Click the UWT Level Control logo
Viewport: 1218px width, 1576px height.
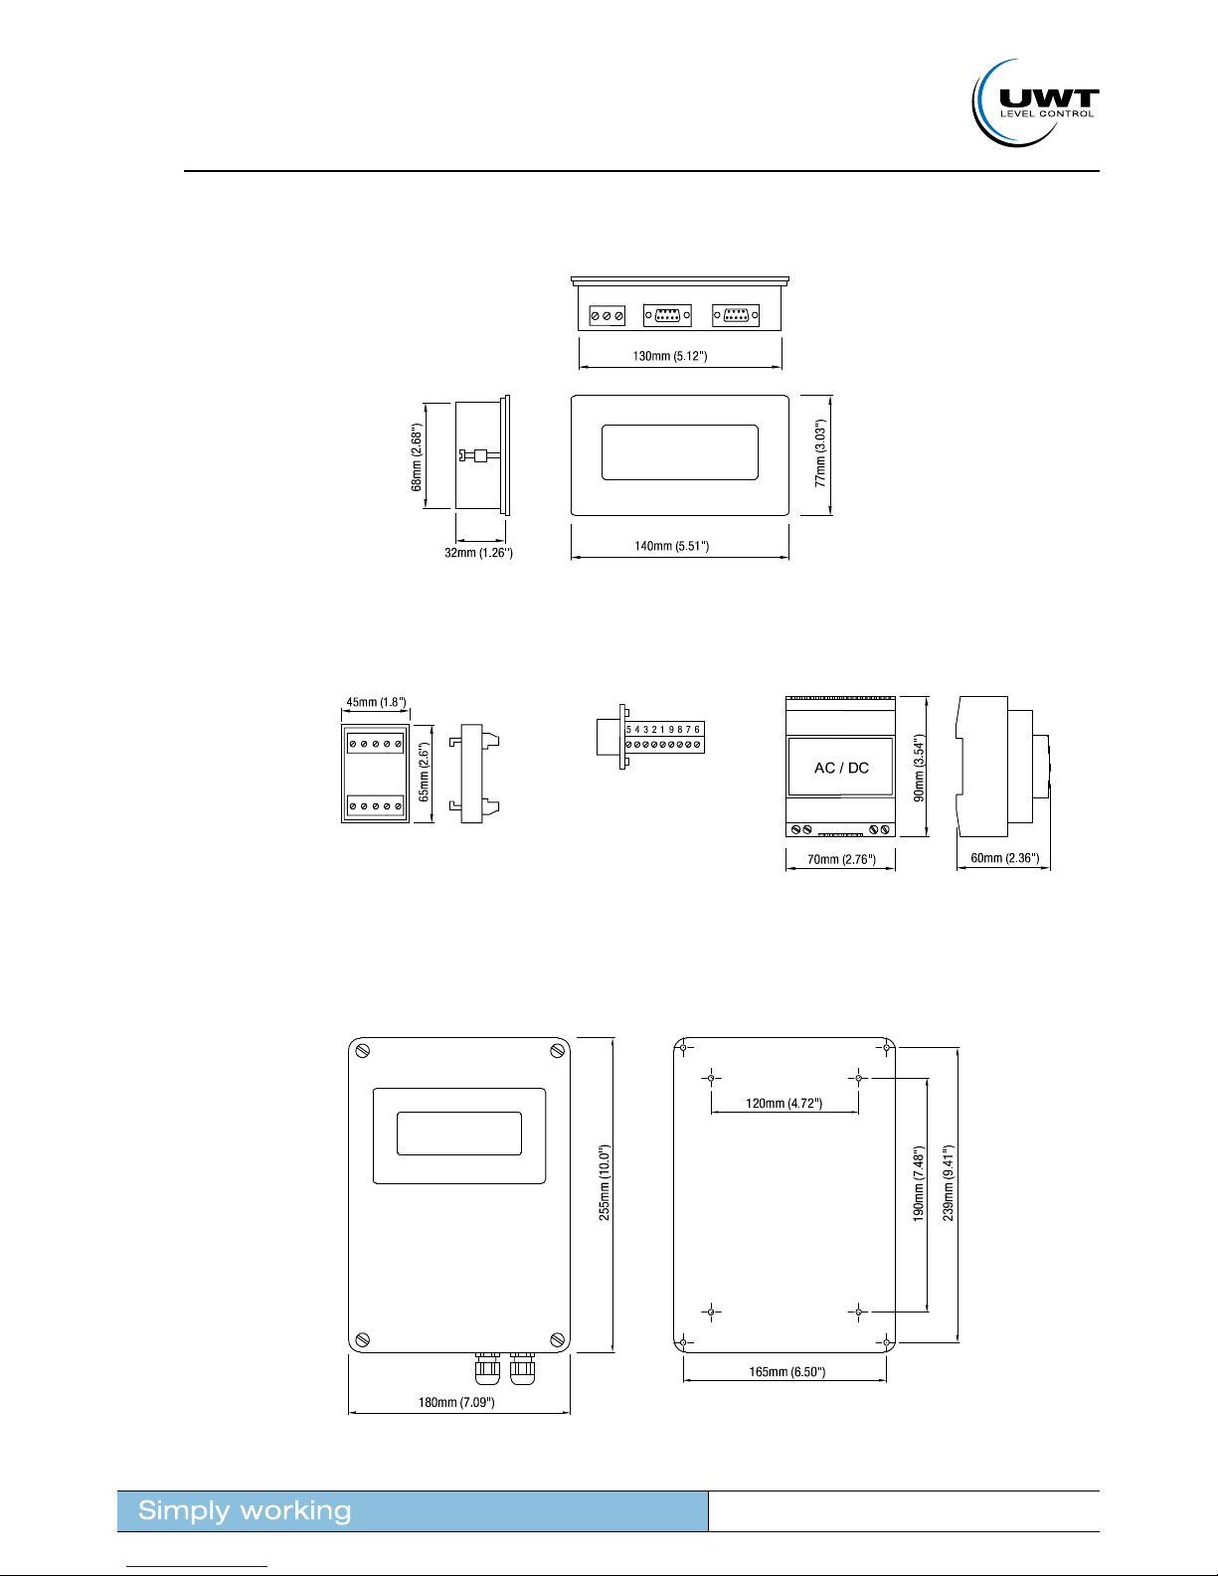(x=1035, y=103)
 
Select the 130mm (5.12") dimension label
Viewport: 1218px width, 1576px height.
(x=670, y=356)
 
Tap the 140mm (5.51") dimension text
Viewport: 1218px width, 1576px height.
(x=671, y=546)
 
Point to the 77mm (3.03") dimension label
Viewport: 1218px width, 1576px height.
(x=820, y=453)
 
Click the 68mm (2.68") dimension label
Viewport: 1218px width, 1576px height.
(x=417, y=457)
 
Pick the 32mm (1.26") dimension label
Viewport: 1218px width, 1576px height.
(x=478, y=553)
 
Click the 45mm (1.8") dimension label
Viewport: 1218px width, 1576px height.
(x=376, y=702)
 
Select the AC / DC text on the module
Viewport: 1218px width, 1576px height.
(x=841, y=768)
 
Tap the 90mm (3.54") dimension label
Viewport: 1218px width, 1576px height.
(x=919, y=768)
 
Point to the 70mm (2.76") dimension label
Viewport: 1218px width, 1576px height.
(x=841, y=859)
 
